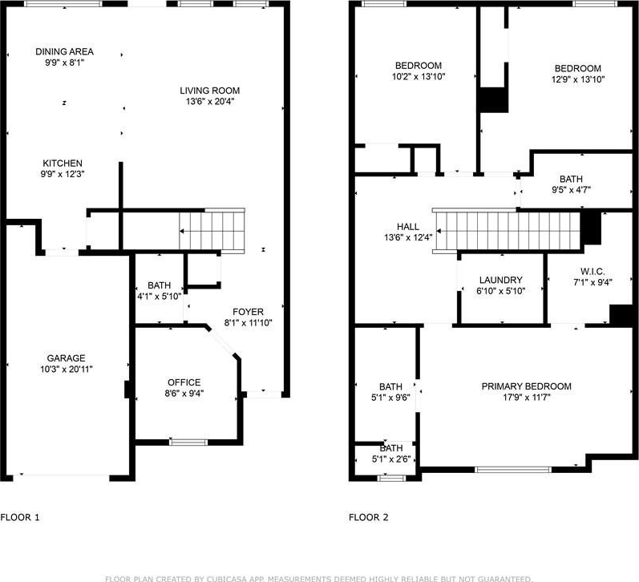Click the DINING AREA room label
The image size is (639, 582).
pos(64,52)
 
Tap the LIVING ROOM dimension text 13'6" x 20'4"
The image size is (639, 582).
pos(210,102)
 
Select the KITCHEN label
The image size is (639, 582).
pos(63,163)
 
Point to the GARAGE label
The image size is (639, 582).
pos(66,358)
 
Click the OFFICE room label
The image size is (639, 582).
pos(184,382)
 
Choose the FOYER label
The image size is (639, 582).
pos(248,312)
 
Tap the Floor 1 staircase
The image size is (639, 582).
pos(212,231)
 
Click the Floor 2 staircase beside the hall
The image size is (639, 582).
pos(506,231)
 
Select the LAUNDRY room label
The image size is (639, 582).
pos(501,280)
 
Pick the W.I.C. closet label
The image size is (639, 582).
pos(592,272)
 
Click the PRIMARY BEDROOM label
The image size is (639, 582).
pos(526,386)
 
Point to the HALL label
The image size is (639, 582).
pos(408,227)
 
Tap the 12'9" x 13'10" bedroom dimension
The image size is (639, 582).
pos(578,79)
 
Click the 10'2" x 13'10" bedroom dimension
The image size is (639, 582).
pos(419,76)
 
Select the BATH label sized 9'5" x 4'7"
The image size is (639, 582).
pos(571,179)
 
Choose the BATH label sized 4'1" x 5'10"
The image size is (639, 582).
pos(159,285)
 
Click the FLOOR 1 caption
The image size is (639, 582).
pos(20,517)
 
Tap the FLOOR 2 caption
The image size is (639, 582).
pos(368,517)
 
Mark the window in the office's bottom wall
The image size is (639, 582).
pos(188,443)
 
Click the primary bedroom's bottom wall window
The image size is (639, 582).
pos(513,470)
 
